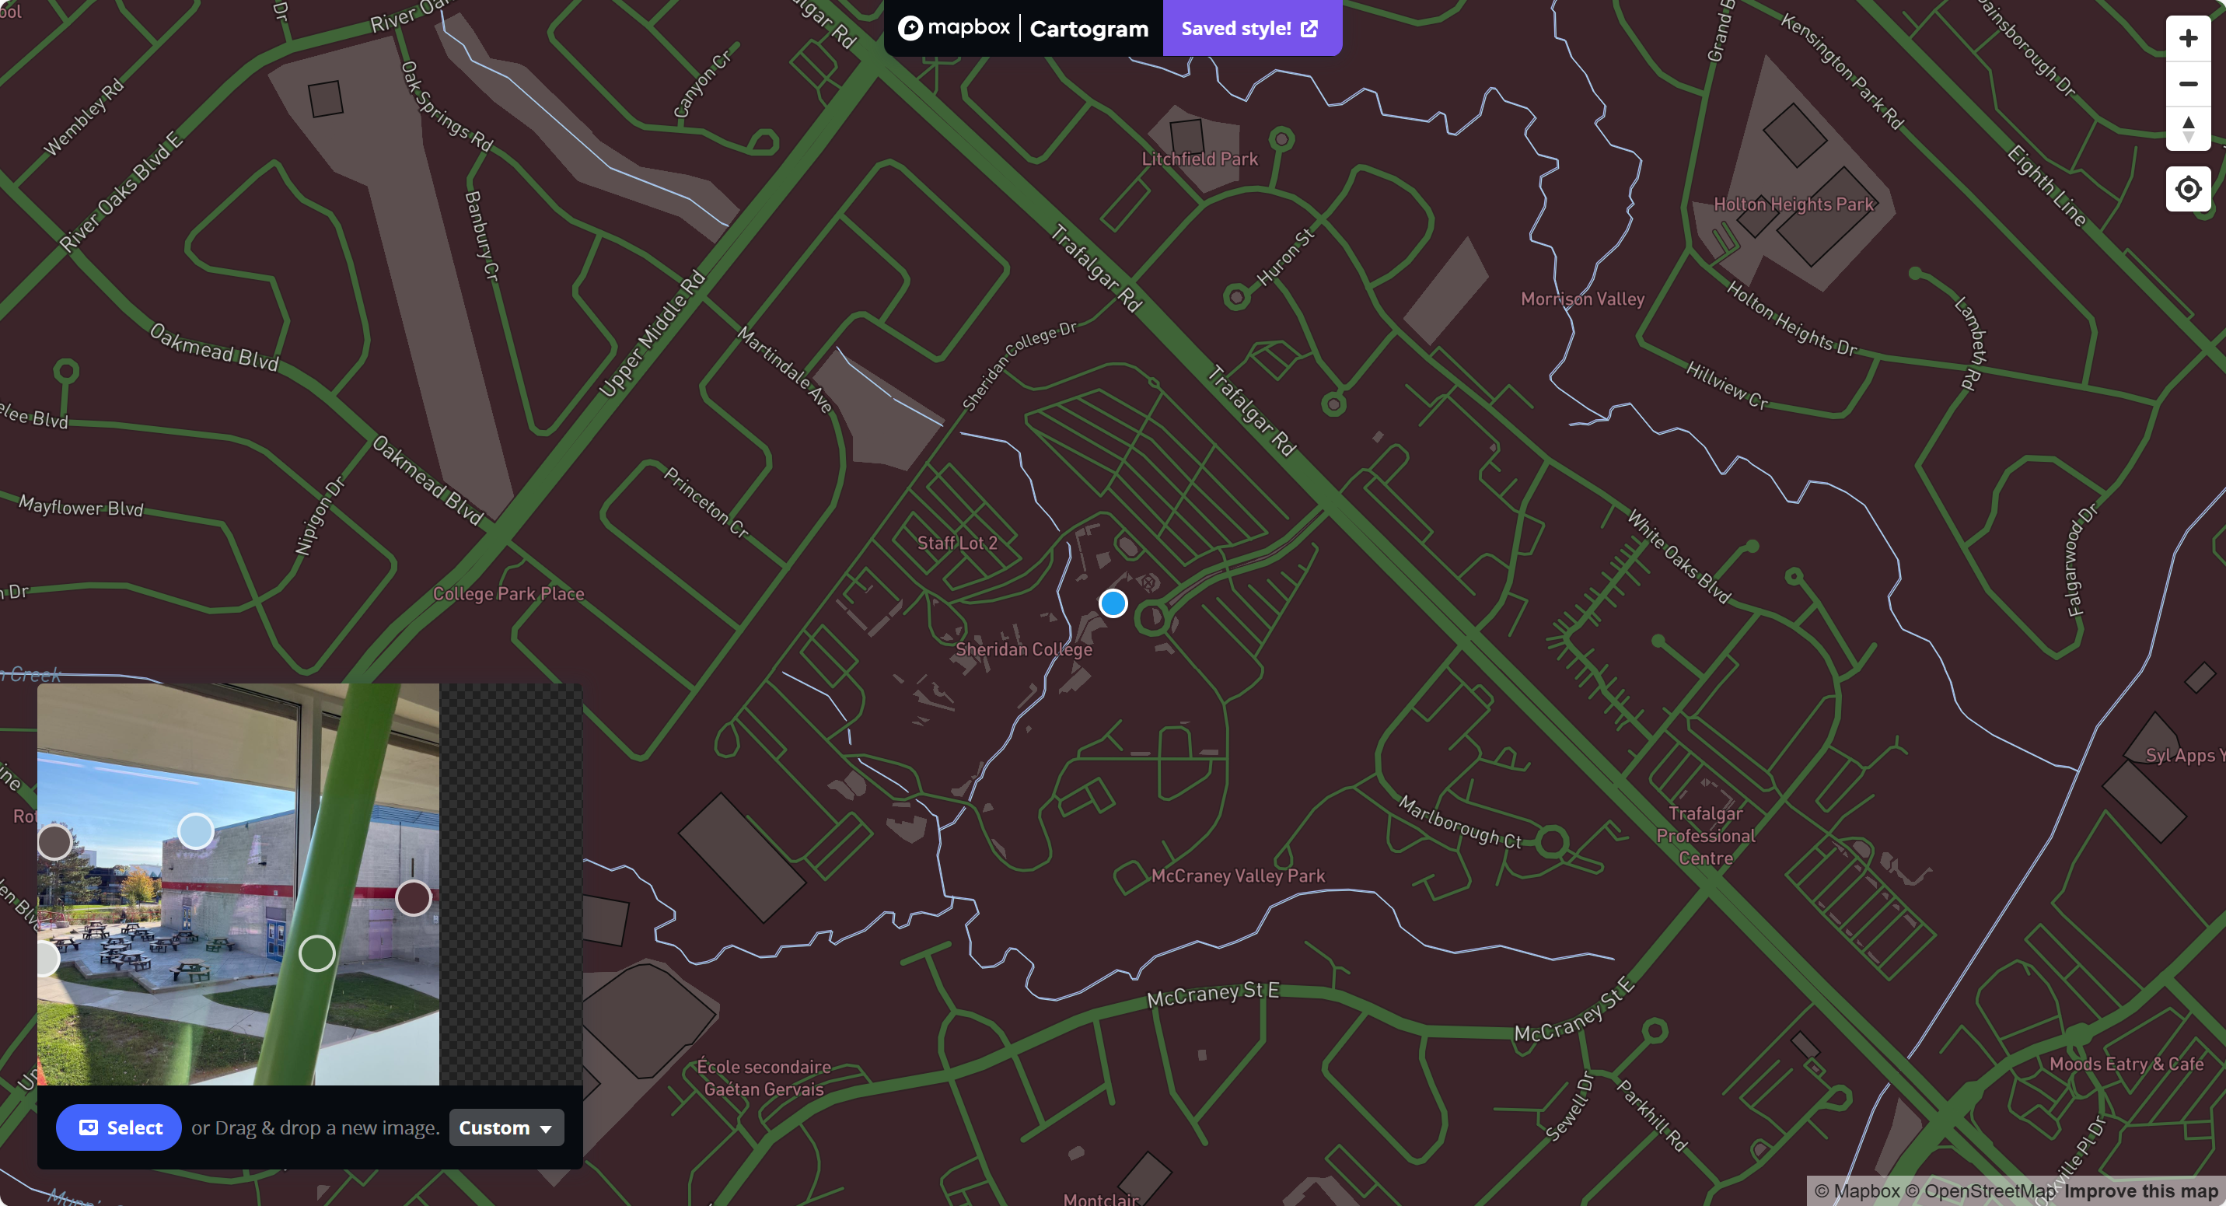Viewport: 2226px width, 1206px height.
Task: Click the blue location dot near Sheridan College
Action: (1113, 603)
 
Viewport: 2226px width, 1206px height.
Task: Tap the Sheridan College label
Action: (1023, 649)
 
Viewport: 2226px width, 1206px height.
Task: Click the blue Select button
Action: (119, 1127)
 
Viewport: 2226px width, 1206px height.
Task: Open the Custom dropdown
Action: (505, 1127)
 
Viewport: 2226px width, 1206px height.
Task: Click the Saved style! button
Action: (1250, 29)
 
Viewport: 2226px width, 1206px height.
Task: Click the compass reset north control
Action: (2187, 129)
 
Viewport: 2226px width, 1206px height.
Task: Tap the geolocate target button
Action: (2187, 188)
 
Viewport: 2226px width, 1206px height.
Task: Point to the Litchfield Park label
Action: (1199, 159)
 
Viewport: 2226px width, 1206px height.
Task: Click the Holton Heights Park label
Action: (1793, 204)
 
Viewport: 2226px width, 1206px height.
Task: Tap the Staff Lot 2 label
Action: (956, 544)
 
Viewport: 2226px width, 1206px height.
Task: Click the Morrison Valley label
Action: (1581, 299)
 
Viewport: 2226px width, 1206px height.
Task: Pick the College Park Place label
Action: (508, 594)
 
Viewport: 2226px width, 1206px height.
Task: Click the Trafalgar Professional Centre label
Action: (1705, 835)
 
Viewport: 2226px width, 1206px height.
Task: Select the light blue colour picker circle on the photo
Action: (196, 831)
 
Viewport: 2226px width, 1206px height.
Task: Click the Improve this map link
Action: (2140, 1191)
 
